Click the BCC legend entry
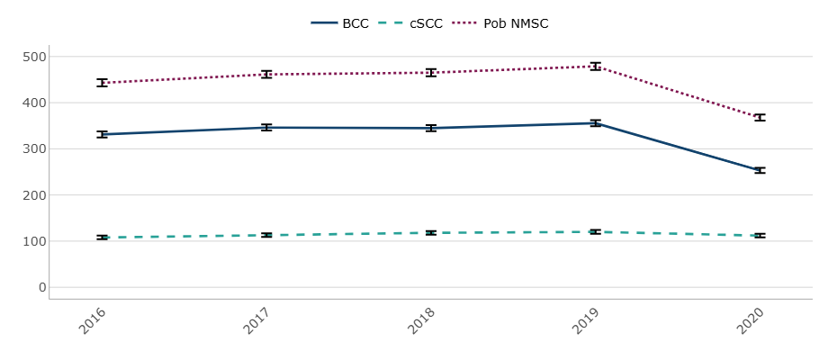click(x=340, y=23)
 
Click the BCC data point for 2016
click(x=103, y=134)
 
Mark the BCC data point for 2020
click(x=760, y=170)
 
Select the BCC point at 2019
click(x=595, y=122)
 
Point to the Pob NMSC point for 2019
click(x=595, y=66)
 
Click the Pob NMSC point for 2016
click(x=103, y=83)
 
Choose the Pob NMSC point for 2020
click(x=760, y=118)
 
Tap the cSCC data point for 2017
click(x=266, y=235)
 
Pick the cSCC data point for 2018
click(x=431, y=233)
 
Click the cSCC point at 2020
click(x=760, y=236)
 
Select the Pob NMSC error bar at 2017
click(x=266, y=74)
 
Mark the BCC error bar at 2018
click(x=431, y=128)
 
